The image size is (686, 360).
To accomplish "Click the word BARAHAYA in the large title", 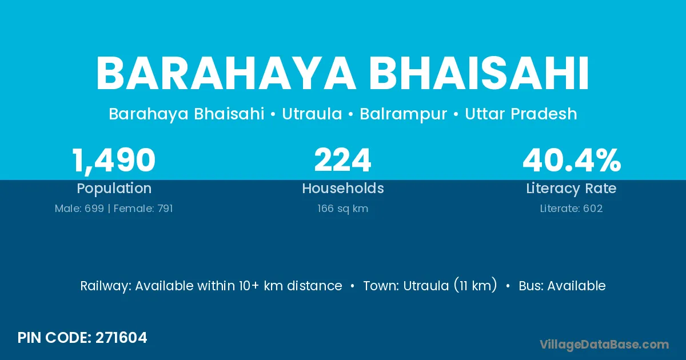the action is click(x=226, y=74).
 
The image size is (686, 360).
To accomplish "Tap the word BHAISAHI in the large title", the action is click(x=478, y=74).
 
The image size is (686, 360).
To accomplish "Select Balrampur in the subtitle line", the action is click(x=404, y=114).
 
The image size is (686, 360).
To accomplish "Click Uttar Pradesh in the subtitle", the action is click(x=521, y=114).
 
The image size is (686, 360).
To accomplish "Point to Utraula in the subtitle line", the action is click(x=312, y=114).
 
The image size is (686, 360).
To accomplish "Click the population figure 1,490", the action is click(x=114, y=161).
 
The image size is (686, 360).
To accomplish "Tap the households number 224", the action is click(x=342, y=160).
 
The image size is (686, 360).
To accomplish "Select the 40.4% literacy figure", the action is click(x=572, y=160).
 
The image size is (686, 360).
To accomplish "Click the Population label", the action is click(x=114, y=189).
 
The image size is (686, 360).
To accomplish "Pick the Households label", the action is click(x=343, y=188).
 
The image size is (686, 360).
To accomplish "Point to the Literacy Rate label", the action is click(x=571, y=189).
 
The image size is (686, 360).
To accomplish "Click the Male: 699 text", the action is click(x=79, y=209).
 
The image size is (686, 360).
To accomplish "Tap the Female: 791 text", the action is click(x=143, y=209).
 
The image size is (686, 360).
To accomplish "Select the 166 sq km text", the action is click(x=342, y=209).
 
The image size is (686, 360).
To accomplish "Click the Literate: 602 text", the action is click(x=571, y=209).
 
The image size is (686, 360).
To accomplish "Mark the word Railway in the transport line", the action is click(x=106, y=286).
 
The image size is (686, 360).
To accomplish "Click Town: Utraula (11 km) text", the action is click(x=430, y=286).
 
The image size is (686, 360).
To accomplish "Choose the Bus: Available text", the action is click(x=562, y=286).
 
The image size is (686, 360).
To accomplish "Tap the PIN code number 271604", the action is click(x=121, y=338).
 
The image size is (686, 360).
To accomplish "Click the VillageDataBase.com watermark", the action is click(x=604, y=345).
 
